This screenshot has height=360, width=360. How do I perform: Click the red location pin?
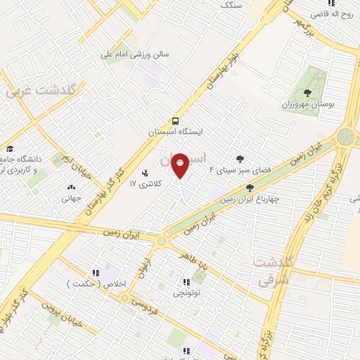(x=180, y=165)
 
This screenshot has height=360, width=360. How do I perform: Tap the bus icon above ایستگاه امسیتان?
(x=176, y=120)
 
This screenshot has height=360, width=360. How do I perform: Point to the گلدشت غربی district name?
(x=43, y=91)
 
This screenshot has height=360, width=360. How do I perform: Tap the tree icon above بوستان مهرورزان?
(x=307, y=92)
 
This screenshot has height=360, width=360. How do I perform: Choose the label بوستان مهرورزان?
(x=307, y=104)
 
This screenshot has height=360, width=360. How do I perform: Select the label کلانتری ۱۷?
(x=146, y=184)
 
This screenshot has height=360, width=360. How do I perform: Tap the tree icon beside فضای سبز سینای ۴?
(x=240, y=159)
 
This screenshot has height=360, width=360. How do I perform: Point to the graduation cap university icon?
(x=10, y=148)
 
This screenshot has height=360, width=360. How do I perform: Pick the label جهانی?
(x=70, y=199)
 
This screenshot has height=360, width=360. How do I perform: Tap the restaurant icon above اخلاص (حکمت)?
(x=96, y=273)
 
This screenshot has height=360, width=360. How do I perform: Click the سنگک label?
(x=231, y=4)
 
